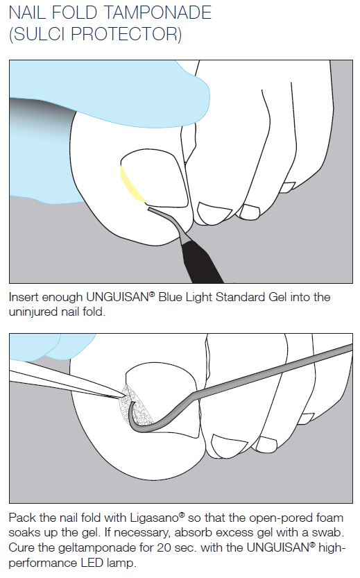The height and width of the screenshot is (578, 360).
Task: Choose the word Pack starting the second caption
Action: (x=22, y=518)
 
